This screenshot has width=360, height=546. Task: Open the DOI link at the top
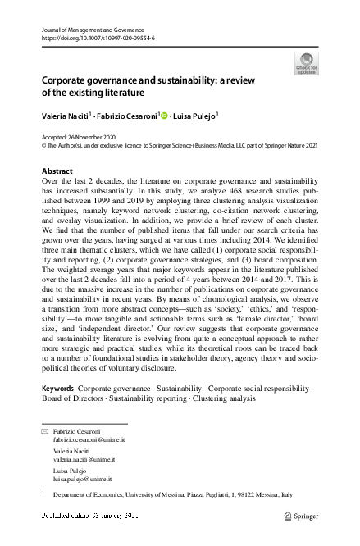point(93,38)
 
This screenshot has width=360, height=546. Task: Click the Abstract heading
point(57,171)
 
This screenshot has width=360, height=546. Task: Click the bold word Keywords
point(57,386)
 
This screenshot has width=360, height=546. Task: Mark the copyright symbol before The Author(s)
point(43,146)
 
